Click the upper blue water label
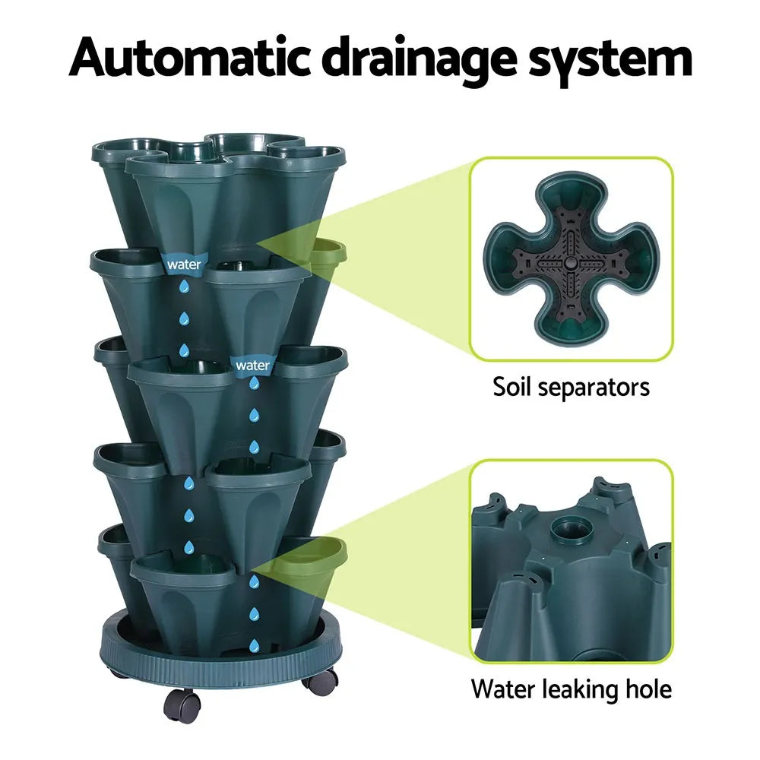point(184,264)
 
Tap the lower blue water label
point(252,365)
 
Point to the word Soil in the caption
point(517,388)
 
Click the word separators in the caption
point(597,388)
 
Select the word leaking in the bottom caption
point(578,689)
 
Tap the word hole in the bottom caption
point(646,689)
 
